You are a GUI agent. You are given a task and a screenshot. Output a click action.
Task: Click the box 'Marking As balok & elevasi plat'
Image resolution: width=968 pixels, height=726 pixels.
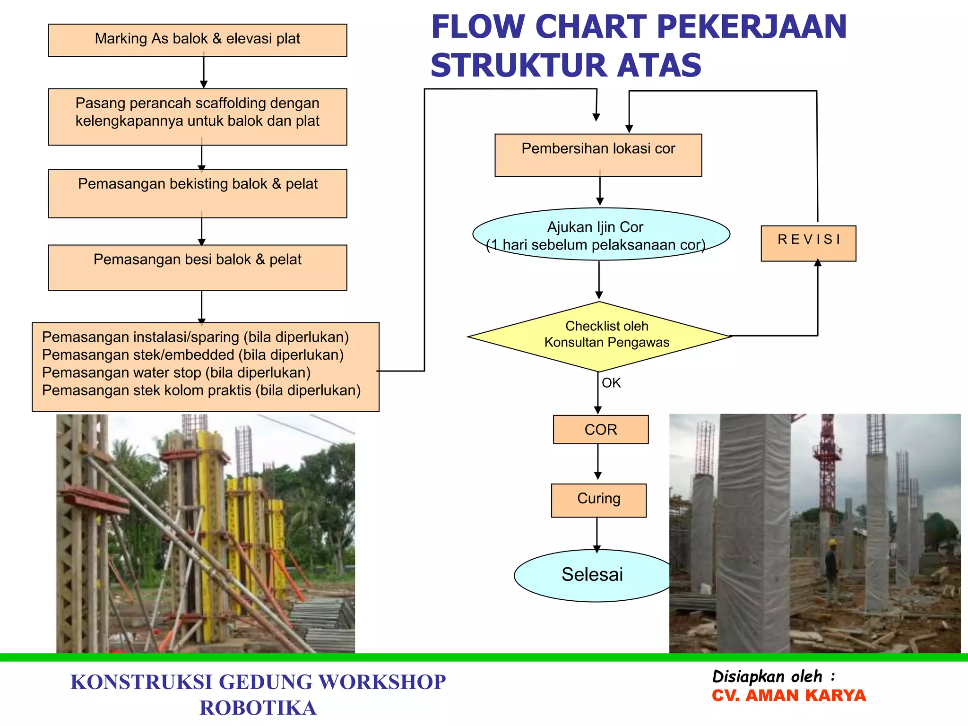point(198,40)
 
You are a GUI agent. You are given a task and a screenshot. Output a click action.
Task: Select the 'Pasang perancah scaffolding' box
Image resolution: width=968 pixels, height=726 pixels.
point(198,116)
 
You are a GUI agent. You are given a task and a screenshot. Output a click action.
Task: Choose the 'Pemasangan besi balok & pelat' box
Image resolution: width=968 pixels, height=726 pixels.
point(198,267)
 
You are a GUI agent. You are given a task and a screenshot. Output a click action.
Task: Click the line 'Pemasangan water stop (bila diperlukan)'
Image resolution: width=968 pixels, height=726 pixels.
point(176,373)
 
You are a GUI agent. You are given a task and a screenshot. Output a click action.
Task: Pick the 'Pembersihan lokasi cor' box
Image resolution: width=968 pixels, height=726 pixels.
point(598,155)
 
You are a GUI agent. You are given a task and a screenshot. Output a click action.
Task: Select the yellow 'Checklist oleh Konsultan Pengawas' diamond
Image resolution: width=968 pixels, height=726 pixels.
point(599,337)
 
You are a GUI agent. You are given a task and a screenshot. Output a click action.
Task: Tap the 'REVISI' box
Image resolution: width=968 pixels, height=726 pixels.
point(808,243)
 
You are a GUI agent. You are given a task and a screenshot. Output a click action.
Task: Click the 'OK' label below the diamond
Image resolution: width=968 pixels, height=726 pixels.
point(611,383)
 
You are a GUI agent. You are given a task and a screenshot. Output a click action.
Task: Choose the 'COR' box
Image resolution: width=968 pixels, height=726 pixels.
point(601,430)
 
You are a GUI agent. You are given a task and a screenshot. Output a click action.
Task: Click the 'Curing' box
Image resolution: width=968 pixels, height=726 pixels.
point(598,500)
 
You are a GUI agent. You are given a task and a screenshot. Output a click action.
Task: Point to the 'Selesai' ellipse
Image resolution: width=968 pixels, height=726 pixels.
point(593,575)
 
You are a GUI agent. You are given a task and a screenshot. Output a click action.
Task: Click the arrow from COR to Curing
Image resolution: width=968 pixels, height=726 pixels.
point(598,462)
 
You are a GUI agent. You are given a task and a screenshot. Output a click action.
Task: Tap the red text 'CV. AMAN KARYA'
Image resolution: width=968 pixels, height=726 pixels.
point(788,696)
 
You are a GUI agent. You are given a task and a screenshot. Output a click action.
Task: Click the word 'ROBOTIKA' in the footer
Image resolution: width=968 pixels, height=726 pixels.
point(258,708)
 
